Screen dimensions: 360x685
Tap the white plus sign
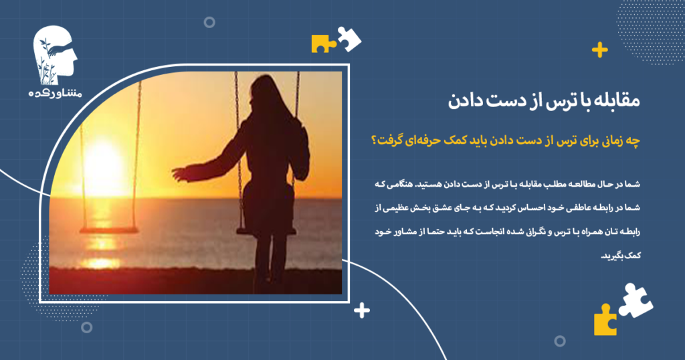coord(362,310)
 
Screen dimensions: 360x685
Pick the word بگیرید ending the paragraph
coord(617,256)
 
